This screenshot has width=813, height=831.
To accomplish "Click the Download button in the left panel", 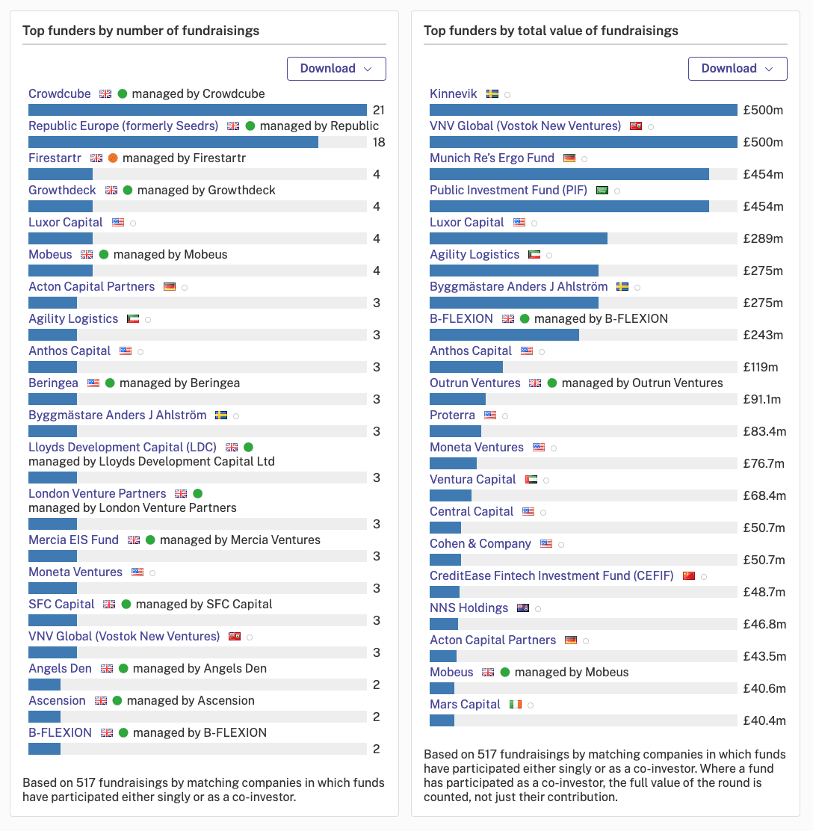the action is pyautogui.click(x=336, y=69).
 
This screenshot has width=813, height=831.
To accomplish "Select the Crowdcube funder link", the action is pyautogui.click(x=59, y=94).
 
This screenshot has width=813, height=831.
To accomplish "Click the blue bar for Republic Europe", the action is pyautogui.click(x=173, y=142).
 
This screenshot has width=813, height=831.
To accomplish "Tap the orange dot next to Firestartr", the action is pyautogui.click(x=113, y=158).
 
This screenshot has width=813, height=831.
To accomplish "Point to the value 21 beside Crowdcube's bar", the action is pyautogui.click(x=378, y=111).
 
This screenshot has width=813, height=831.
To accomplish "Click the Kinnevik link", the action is pyautogui.click(x=453, y=94).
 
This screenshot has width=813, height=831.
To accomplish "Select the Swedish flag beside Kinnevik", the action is pyautogui.click(x=492, y=94).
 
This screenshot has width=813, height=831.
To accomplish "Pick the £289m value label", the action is pyautogui.click(x=763, y=238).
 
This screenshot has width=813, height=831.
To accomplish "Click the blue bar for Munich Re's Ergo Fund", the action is pyautogui.click(x=569, y=174).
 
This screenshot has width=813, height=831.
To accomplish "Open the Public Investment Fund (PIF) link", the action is pyautogui.click(x=508, y=191).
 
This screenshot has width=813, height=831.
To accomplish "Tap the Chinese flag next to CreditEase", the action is pyautogui.click(x=688, y=576).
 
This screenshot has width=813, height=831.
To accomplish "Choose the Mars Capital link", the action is pyautogui.click(x=465, y=705).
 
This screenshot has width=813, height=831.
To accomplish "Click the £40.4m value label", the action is pyautogui.click(x=764, y=720).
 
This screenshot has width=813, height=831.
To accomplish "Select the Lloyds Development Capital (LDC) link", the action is pyautogui.click(x=123, y=448).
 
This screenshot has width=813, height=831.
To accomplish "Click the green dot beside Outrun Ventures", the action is pyautogui.click(x=552, y=383).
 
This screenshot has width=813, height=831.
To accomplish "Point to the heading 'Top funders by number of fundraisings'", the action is pyautogui.click(x=141, y=31).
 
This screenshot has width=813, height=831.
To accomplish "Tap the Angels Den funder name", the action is pyautogui.click(x=60, y=668).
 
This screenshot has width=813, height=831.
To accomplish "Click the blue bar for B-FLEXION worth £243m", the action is pyautogui.click(x=504, y=335).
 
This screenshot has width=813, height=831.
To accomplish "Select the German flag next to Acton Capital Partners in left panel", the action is pyautogui.click(x=170, y=287).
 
